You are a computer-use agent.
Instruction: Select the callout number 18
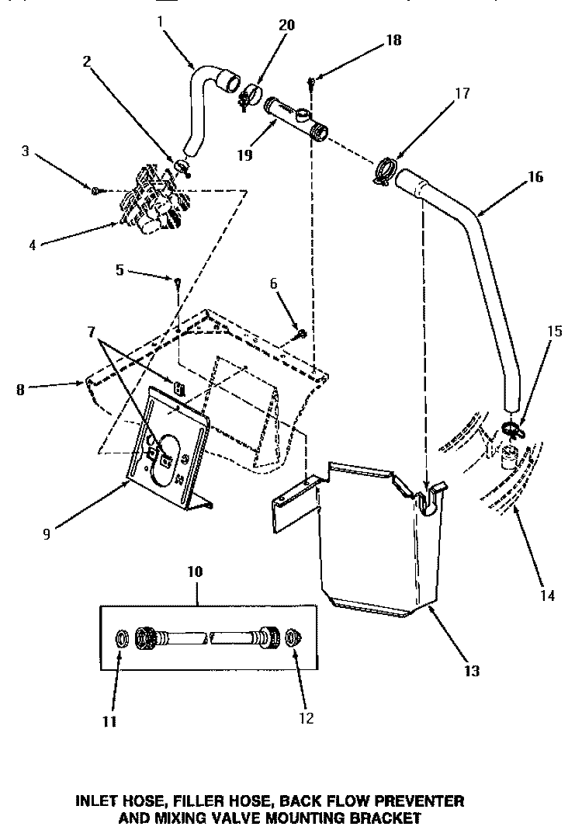click(x=393, y=40)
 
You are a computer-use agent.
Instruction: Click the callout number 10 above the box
click(x=194, y=571)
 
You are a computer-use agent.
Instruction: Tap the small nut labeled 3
click(x=94, y=190)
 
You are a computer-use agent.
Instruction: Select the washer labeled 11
click(x=122, y=637)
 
